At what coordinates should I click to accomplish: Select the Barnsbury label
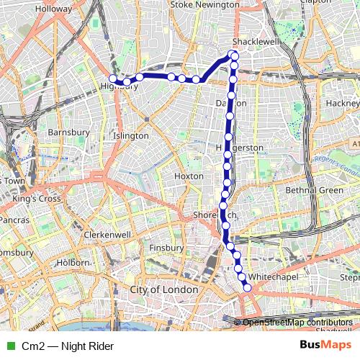(67, 132)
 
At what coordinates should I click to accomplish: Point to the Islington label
(131, 135)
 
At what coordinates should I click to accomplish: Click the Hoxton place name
(189, 176)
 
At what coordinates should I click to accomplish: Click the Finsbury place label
(166, 248)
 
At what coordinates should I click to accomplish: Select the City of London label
(163, 289)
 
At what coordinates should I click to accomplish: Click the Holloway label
(48, 9)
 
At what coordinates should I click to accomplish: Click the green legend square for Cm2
(10, 346)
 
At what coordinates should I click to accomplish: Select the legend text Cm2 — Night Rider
(68, 346)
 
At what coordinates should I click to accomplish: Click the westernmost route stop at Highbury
(113, 79)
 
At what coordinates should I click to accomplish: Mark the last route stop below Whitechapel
(248, 288)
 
